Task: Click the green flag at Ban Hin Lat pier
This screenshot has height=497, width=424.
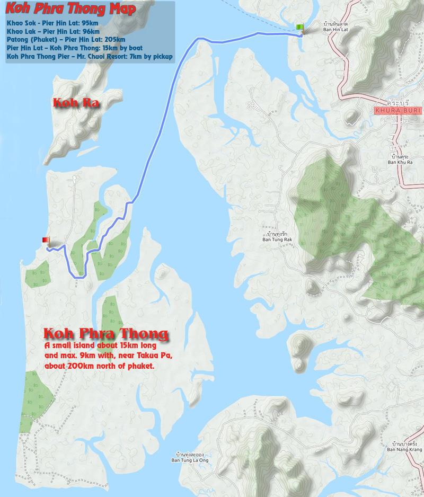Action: pyautogui.click(x=301, y=28)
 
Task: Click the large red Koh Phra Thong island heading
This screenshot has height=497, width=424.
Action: pyautogui.click(x=106, y=334)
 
